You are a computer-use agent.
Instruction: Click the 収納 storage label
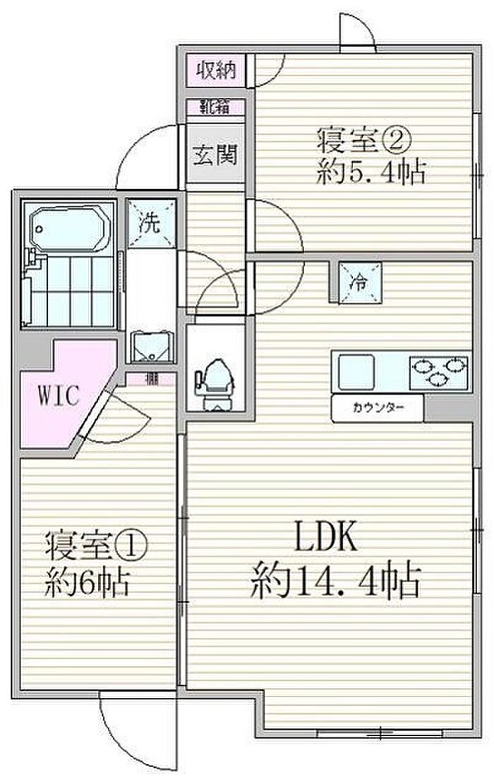pyautogui.click(x=215, y=71)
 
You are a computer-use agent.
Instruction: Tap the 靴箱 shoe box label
pyautogui.click(x=215, y=108)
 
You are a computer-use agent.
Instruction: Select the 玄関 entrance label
pyautogui.click(x=215, y=154)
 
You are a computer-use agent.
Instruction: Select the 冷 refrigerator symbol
pyautogui.click(x=359, y=283)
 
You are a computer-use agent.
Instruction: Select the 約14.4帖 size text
pyautogui.click(x=335, y=583)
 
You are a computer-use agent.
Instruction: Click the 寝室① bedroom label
pyautogui.click(x=97, y=545)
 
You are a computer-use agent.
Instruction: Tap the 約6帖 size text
pyautogui.click(x=88, y=582)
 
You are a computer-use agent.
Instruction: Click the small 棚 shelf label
pyautogui.click(x=151, y=379)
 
